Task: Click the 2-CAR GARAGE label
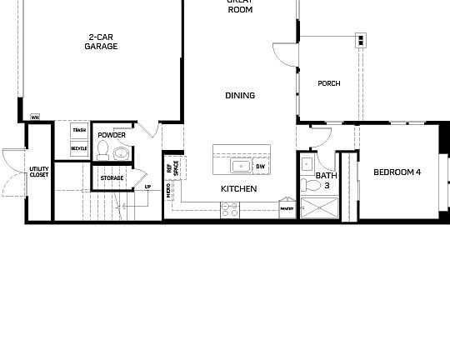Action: (101, 42)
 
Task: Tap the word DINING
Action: (240, 96)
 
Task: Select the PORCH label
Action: (329, 84)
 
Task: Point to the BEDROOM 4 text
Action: (397, 172)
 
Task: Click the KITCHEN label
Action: (238, 189)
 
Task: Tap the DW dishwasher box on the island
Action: (261, 167)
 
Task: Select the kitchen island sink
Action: (242, 166)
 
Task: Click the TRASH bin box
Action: (79, 130)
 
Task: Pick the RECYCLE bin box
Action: (79, 148)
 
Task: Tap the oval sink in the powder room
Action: (121, 152)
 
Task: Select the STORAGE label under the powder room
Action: (112, 177)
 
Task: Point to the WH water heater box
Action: (35, 117)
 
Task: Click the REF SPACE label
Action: (171, 167)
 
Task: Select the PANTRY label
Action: (287, 209)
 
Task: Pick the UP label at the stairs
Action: (147, 187)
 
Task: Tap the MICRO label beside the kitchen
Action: (169, 192)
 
